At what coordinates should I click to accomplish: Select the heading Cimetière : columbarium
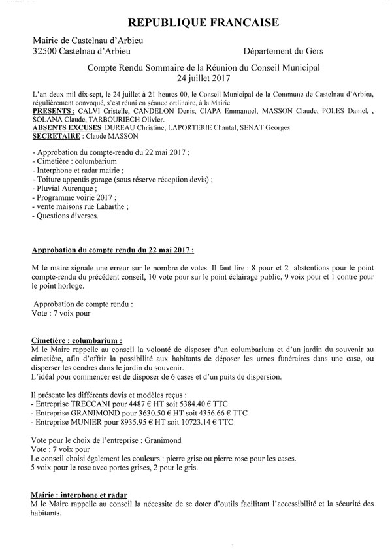tap(76, 341)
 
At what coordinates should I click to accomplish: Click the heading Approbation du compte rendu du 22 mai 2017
tap(112, 251)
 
